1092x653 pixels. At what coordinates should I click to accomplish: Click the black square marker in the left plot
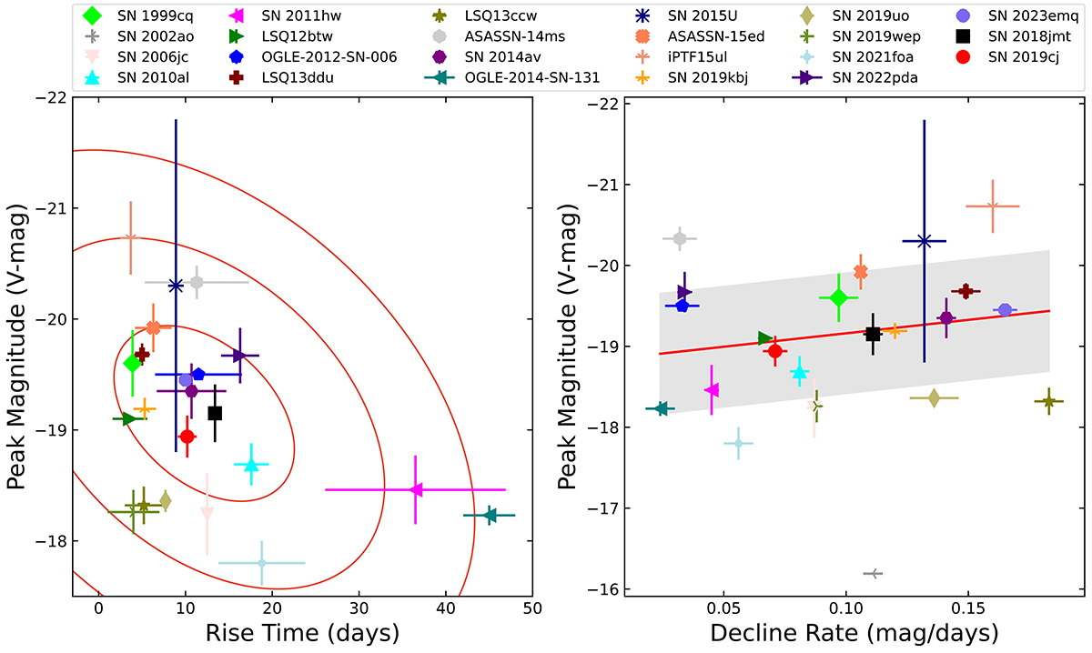coord(215,413)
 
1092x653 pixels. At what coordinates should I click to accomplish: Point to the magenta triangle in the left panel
coord(416,489)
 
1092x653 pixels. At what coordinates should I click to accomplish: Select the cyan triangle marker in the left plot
coord(251,466)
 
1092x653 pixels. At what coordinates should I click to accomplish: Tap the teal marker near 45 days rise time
coord(490,516)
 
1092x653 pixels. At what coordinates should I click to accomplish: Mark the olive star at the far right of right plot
coord(1049,401)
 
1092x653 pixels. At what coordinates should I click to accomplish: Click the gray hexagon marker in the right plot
coord(680,238)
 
